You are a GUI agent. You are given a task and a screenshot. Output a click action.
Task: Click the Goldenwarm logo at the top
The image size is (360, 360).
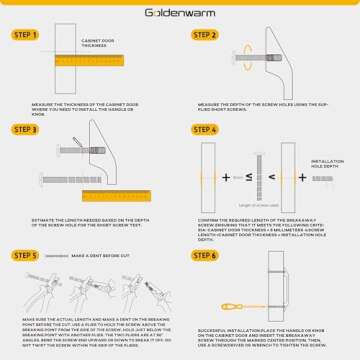[180, 14]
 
